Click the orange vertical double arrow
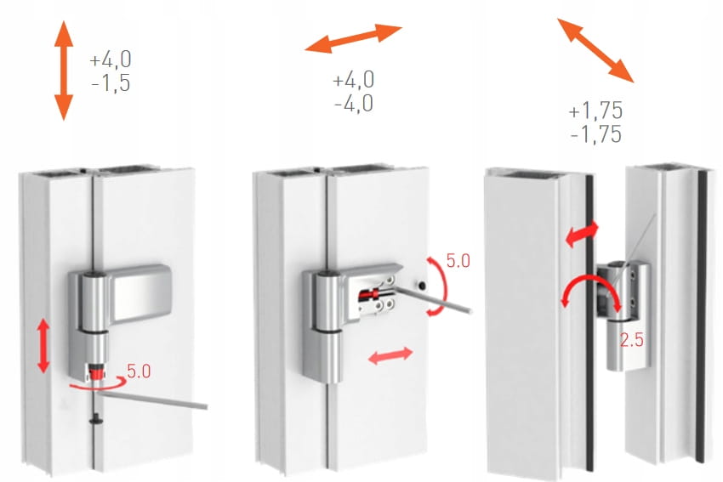pyautogui.click(x=64, y=71)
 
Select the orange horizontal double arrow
pyautogui.click(x=353, y=38)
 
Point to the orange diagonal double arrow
pyautogui.click(x=595, y=50)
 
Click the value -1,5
pyautogui.click(x=111, y=83)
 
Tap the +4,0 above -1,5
pyautogui.click(x=111, y=60)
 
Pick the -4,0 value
pyautogui.click(x=354, y=103)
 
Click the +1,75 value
pyautogui.click(x=595, y=111)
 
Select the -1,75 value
pyautogui.click(x=596, y=134)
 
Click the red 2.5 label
pyautogui.click(x=631, y=340)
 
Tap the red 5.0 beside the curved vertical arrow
pyautogui.click(x=458, y=261)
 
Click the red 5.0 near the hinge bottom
pyautogui.click(x=139, y=371)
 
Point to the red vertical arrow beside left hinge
pyautogui.click(x=43, y=345)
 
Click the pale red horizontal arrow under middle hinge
pyautogui.click(x=390, y=355)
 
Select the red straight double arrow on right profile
pyautogui.click(x=582, y=234)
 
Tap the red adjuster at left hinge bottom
pyautogui.click(x=96, y=371)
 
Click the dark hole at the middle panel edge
pyautogui.click(x=421, y=286)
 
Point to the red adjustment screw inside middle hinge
pyautogui.click(x=372, y=293)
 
